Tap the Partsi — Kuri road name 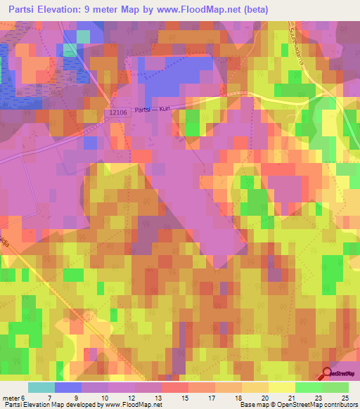pos(153,110)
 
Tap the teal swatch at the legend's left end pos(41,387)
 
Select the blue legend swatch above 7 pos(67,387)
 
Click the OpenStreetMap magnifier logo pos(328,373)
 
